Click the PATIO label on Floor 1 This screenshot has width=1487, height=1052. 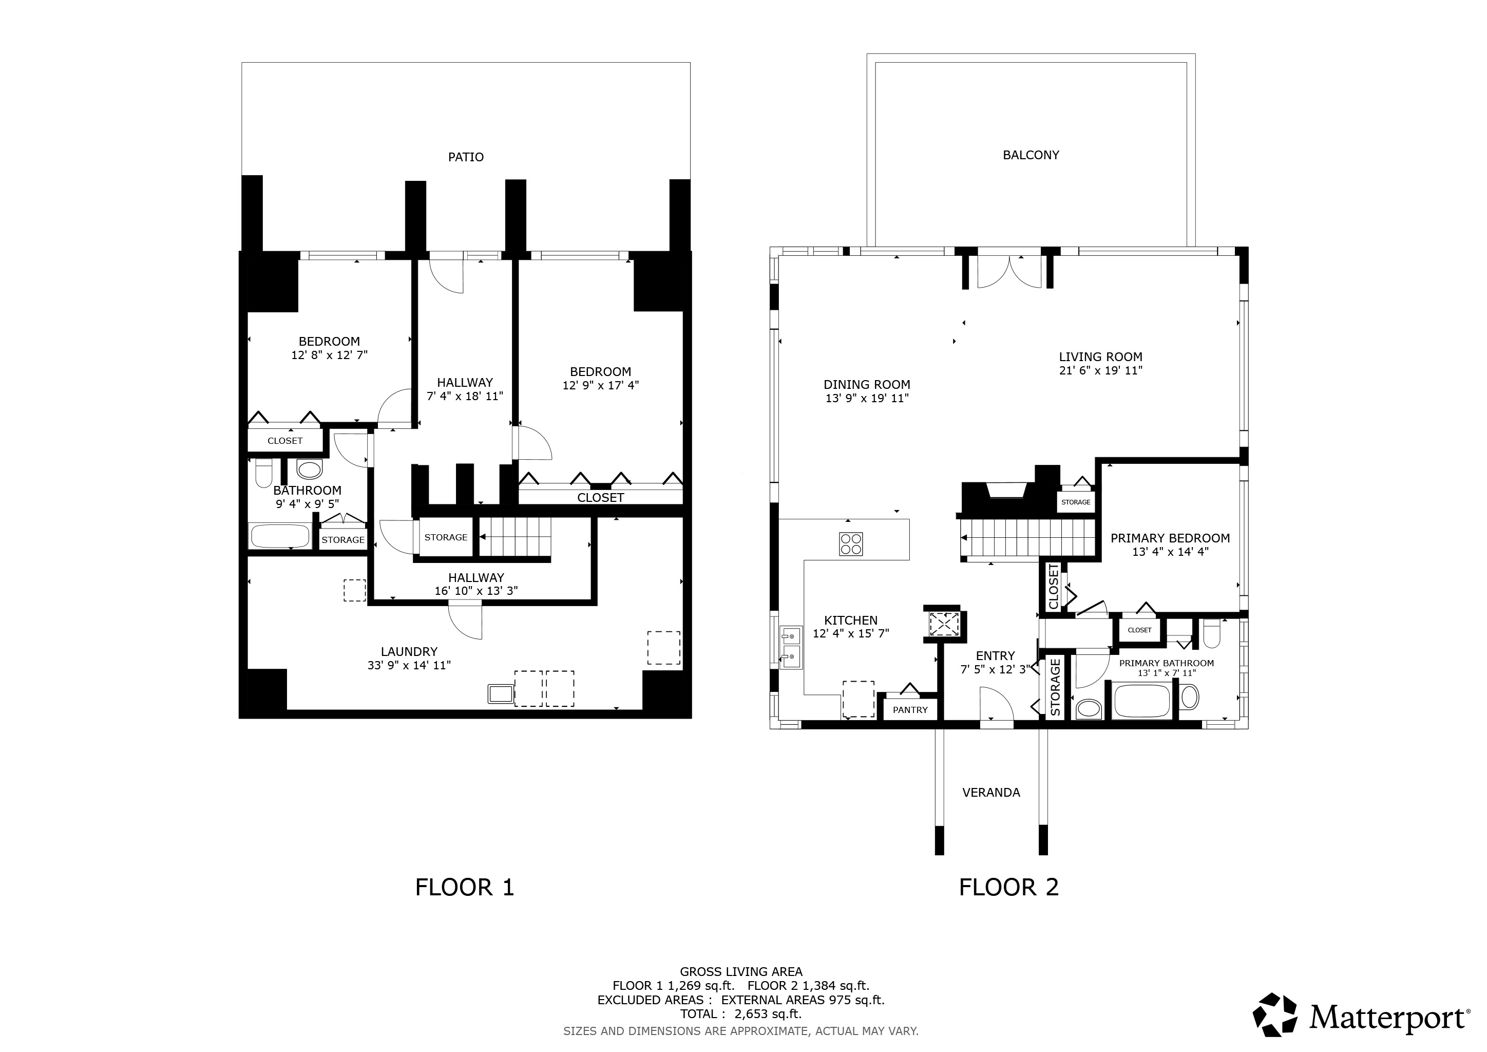point(466,157)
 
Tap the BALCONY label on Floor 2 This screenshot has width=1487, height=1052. point(1031,155)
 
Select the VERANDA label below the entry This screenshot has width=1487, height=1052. point(991,792)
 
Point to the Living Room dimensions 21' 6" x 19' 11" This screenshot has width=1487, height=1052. point(1100,370)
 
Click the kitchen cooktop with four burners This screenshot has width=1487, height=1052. point(851,543)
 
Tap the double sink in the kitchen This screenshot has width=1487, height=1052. point(790,647)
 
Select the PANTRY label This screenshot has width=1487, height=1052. point(910,709)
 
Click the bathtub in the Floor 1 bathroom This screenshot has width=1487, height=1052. point(280,536)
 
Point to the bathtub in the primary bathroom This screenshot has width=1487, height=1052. point(1142,700)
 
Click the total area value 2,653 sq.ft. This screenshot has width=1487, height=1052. point(768,1014)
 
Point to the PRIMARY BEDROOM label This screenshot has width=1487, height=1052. point(1170,538)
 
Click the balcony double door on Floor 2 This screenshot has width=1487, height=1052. point(1009,272)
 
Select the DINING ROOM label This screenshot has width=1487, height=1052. point(867,384)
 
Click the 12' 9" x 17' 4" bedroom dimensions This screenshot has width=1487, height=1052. point(600,385)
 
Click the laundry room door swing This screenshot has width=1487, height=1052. point(466,621)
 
